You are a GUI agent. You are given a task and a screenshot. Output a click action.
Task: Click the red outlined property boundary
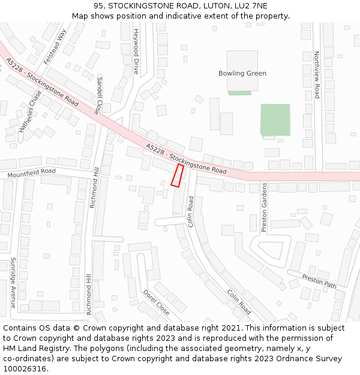[x=177, y=175]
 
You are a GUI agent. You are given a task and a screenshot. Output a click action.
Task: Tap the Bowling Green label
[x=242, y=73]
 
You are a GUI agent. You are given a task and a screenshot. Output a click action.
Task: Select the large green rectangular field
[x=275, y=119]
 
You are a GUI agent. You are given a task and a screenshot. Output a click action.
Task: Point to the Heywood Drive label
[x=136, y=50]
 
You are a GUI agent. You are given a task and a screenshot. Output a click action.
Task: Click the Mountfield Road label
[x=31, y=173]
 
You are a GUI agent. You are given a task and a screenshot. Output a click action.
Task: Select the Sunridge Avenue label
[x=13, y=282]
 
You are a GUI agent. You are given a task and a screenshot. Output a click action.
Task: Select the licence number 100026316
[x=25, y=368]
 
